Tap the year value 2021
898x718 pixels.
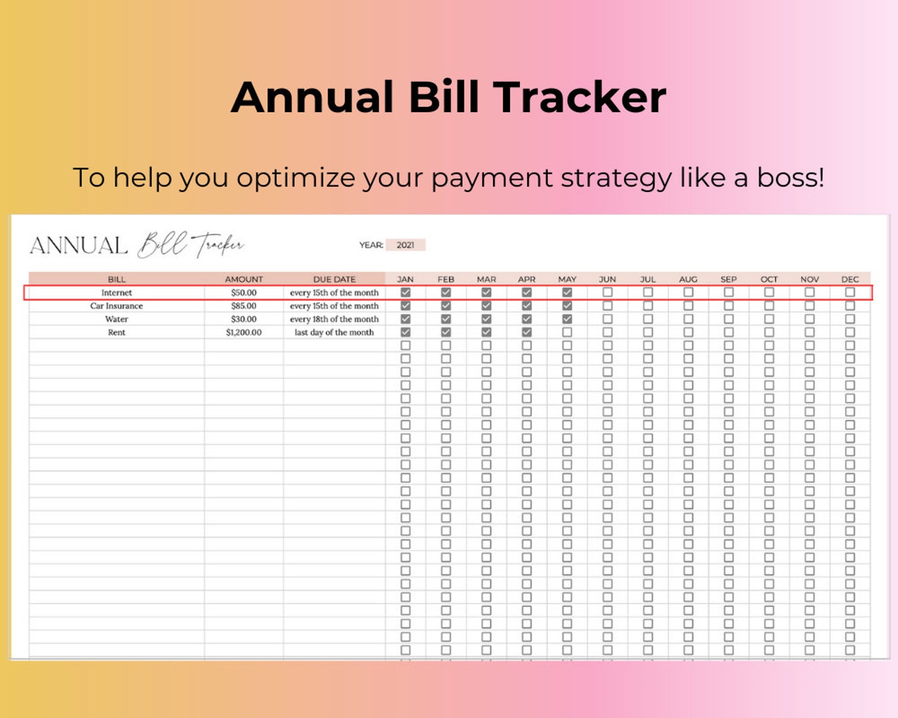click(405, 245)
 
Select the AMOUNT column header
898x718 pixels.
click(244, 279)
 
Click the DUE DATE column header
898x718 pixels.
click(334, 279)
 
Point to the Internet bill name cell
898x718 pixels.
click(116, 293)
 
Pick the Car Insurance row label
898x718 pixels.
click(116, 306)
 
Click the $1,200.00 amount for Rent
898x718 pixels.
click(244, 332)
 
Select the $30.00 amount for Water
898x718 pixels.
click(244, 319)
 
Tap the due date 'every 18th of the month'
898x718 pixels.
click(334, 319)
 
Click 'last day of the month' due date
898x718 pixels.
click(334, 332)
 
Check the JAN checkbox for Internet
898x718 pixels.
click(405, 292)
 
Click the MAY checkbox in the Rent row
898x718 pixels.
click(567, 332)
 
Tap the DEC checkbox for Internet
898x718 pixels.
click(850, 292)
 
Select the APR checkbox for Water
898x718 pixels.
click(526, 319)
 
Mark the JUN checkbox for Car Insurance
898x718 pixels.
click(607, 306)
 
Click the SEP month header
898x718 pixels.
click(728, 279)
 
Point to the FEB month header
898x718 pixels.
click(446, 279)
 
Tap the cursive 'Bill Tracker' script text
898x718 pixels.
click(191, 245)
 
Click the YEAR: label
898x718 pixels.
click(371, 245)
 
